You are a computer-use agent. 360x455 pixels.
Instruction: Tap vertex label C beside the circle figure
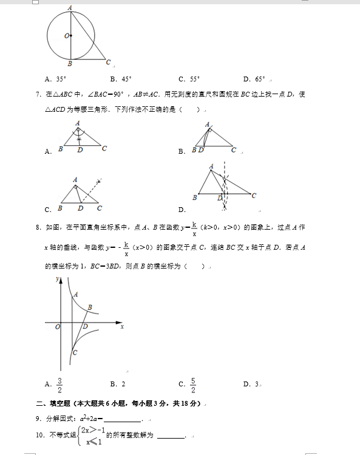(108, 62)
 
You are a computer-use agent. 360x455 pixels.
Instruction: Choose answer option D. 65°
(254, 79)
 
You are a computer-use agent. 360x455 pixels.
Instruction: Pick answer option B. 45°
(121, 79)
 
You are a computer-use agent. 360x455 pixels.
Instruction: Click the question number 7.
(38, 94)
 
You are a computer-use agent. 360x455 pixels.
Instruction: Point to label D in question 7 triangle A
(80, 149)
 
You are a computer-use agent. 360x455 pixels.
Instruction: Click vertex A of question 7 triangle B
(208, 125)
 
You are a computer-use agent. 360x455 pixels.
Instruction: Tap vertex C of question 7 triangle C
(100, 208)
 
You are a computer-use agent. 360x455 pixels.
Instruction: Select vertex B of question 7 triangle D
(194, 197)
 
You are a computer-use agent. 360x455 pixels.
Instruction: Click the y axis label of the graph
(56, 279)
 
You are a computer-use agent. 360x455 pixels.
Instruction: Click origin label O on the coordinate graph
(57, 327)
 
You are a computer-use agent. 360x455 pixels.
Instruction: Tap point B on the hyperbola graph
(90, 308)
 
